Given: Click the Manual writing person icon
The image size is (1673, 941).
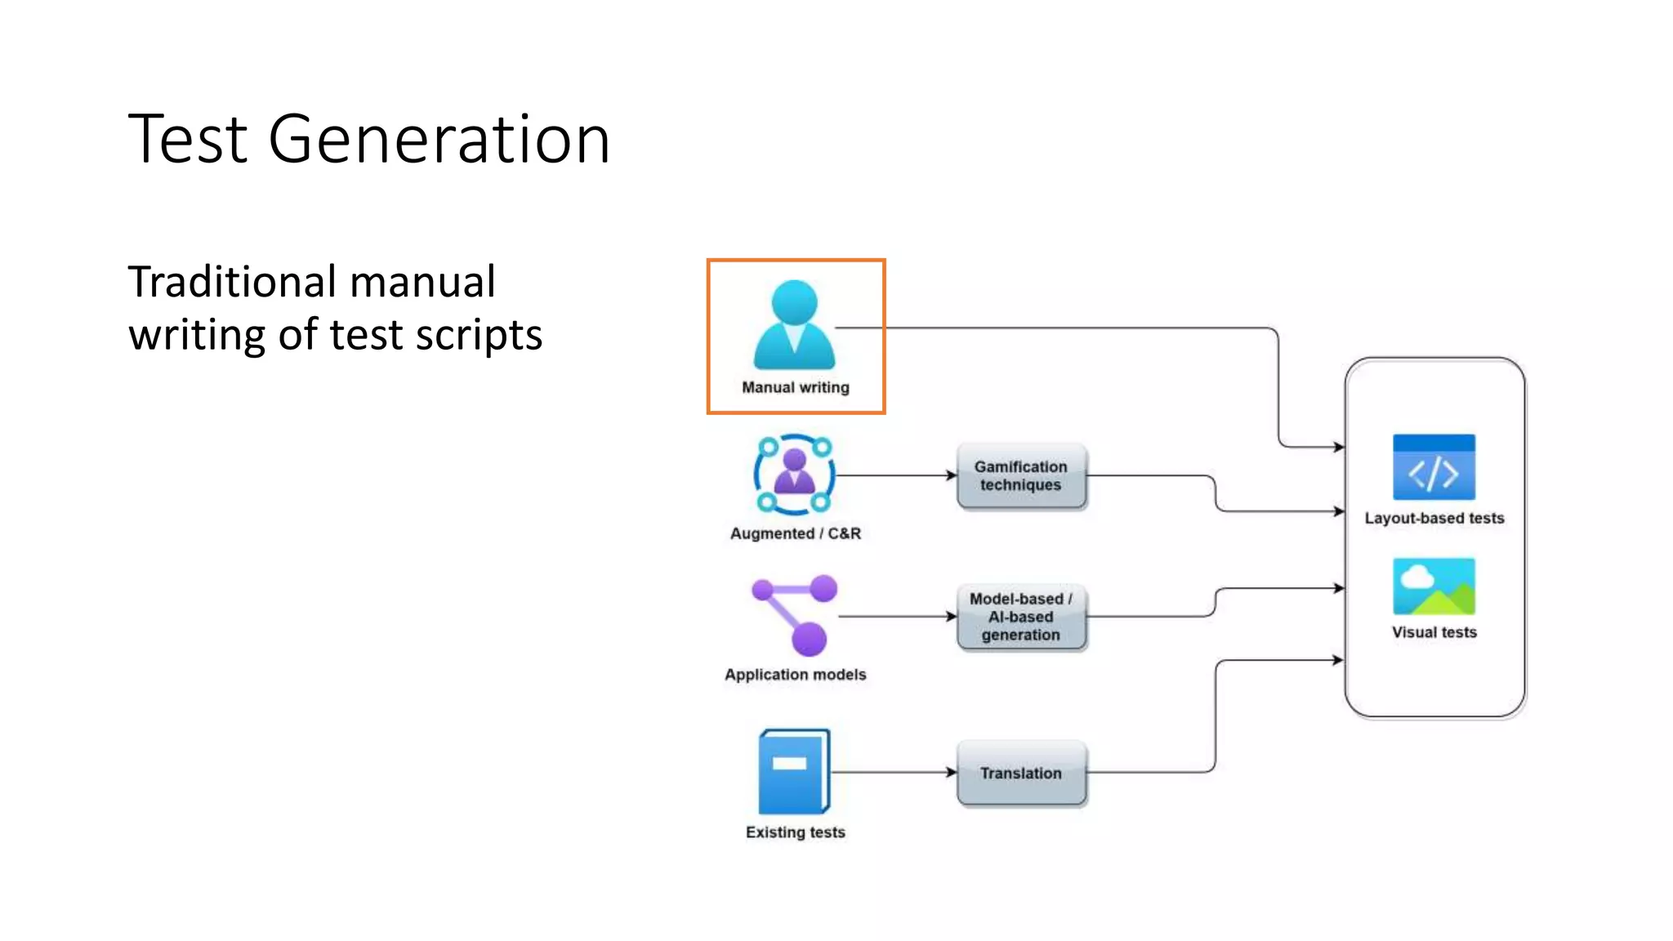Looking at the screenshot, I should (x=794, y=325).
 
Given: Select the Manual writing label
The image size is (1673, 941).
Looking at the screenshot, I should (x=795, y=387).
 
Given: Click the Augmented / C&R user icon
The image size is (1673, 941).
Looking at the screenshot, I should (x=794, y=475).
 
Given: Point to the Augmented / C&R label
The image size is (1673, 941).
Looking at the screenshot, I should (x=795, y=533).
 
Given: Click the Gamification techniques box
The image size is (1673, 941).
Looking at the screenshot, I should (x=1020, y=476).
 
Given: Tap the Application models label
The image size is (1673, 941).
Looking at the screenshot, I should (x=795, y=675).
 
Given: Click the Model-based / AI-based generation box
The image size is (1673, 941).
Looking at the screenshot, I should (x=1020, y=617).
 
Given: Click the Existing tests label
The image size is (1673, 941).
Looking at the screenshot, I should (x=795, y=832).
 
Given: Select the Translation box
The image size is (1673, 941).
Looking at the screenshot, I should (x=1020, y=773).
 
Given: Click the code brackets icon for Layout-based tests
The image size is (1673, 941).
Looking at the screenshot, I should (x=1434, y=467).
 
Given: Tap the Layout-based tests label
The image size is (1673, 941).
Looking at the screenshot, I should (x=1434, y=518).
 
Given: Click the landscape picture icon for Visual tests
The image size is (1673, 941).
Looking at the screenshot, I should (x=1434, y=586).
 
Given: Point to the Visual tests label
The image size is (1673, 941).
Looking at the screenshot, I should (x=1434, y=632).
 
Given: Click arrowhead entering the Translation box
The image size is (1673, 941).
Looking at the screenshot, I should (x=952, y=772).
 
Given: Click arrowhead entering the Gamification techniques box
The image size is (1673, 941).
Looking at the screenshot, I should (x=952, y=475).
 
